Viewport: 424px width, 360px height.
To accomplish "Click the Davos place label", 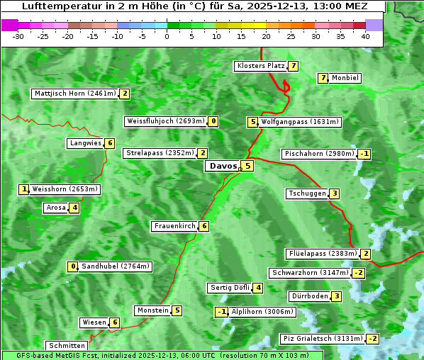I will [x=223, y=166].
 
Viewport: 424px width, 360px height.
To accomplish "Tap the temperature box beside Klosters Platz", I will [x=293, y=66].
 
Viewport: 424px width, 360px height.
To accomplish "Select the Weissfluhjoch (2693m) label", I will [x=166, y=121].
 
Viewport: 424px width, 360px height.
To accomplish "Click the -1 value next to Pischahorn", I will [x=364, y=154].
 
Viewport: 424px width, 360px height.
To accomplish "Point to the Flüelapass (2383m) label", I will [x=322, y=254].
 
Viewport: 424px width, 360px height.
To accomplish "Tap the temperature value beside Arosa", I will [x=74, y=208].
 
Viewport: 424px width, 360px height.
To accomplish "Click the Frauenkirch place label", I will [x=174, y=226].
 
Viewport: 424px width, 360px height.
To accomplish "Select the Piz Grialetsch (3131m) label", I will [x=323, y=339].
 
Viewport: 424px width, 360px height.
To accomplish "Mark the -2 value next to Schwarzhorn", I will [x=359, y=273].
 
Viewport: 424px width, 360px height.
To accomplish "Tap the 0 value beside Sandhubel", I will [x=72, y=266].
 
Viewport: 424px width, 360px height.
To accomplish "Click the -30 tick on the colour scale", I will [x=19, y=36].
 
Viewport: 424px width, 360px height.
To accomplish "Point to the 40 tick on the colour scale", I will [x=365, y=36].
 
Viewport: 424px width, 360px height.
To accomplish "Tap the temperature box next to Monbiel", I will [x=323, y=78].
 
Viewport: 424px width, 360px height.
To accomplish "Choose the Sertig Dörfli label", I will [x=230, y=288].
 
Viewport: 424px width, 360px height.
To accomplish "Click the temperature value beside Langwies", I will [x=110, y=143].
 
